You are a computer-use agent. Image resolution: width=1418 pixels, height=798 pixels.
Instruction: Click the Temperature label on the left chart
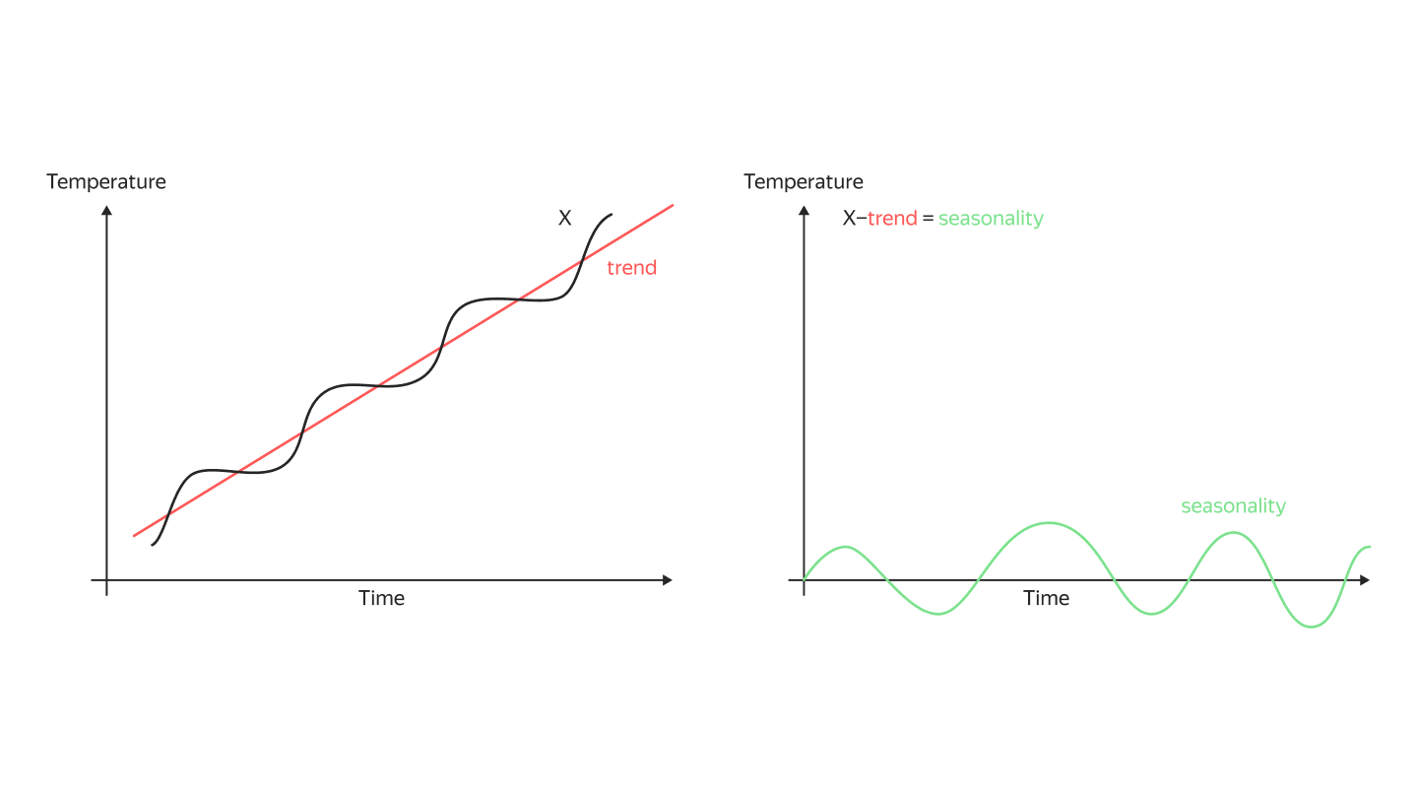[106, 182]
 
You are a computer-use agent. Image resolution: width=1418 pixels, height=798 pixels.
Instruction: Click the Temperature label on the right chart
[804, 182]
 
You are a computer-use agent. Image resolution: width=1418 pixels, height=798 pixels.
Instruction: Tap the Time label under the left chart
[381, 598]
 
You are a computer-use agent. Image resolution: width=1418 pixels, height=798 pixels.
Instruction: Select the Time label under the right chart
[1046, 598]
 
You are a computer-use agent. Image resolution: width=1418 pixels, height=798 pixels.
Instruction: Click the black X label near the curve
[565, 219]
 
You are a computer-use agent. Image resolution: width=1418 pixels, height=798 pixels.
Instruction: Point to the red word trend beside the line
[631, 268]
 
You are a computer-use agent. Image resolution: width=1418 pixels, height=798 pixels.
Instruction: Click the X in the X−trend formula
[849, 219]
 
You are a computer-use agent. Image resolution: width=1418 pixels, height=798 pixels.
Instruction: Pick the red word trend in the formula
[892, 219]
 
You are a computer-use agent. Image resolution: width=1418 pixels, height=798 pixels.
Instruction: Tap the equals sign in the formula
[928, 219]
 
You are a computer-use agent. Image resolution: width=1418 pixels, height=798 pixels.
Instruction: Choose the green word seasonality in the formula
[991, 219]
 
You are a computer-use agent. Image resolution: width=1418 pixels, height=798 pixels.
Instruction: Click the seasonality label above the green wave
[1233, 506]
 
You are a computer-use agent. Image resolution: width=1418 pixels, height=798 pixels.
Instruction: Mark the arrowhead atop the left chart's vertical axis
[106, 209]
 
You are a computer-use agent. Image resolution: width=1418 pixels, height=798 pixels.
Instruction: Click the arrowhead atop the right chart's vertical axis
[805, 209]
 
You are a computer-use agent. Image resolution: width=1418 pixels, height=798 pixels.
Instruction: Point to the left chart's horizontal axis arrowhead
[668, 579]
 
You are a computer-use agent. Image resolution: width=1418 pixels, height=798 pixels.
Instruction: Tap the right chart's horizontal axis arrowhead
[1365, 580]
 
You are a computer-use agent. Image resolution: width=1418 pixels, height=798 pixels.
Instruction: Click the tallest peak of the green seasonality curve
[1050, 522]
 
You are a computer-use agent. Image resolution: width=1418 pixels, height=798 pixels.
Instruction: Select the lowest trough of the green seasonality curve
[1312, 627]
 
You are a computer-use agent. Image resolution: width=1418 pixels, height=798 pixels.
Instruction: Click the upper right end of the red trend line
[673, 205]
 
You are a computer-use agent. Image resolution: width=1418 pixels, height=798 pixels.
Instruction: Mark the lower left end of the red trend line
[134, 536]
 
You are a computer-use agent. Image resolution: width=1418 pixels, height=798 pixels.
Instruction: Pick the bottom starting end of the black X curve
[153, 545]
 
